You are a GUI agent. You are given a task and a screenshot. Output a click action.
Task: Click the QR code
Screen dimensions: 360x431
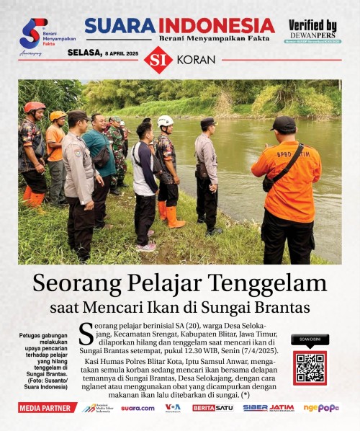[310, 368]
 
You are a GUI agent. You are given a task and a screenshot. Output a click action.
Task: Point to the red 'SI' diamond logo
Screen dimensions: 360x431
[158, 60]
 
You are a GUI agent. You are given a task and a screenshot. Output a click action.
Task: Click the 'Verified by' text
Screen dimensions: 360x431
[312, 26]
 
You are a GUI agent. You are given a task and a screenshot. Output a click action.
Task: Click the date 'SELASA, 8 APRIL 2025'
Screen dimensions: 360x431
[103, 53]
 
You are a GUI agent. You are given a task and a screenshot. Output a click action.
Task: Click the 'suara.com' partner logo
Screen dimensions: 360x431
[137, 408]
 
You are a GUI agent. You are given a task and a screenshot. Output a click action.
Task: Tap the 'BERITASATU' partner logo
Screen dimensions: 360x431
[212, 408]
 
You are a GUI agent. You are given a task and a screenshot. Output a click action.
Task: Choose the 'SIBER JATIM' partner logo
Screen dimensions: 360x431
[269, 408]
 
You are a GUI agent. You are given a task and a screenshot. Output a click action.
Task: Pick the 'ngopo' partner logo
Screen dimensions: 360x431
[321, 408]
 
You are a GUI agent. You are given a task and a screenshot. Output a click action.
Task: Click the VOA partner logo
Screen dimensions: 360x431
[173, 408]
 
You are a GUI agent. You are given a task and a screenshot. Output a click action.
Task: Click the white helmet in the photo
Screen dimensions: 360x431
[165, 121]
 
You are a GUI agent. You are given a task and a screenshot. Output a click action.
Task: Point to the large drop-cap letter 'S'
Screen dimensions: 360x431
[85, 334]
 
